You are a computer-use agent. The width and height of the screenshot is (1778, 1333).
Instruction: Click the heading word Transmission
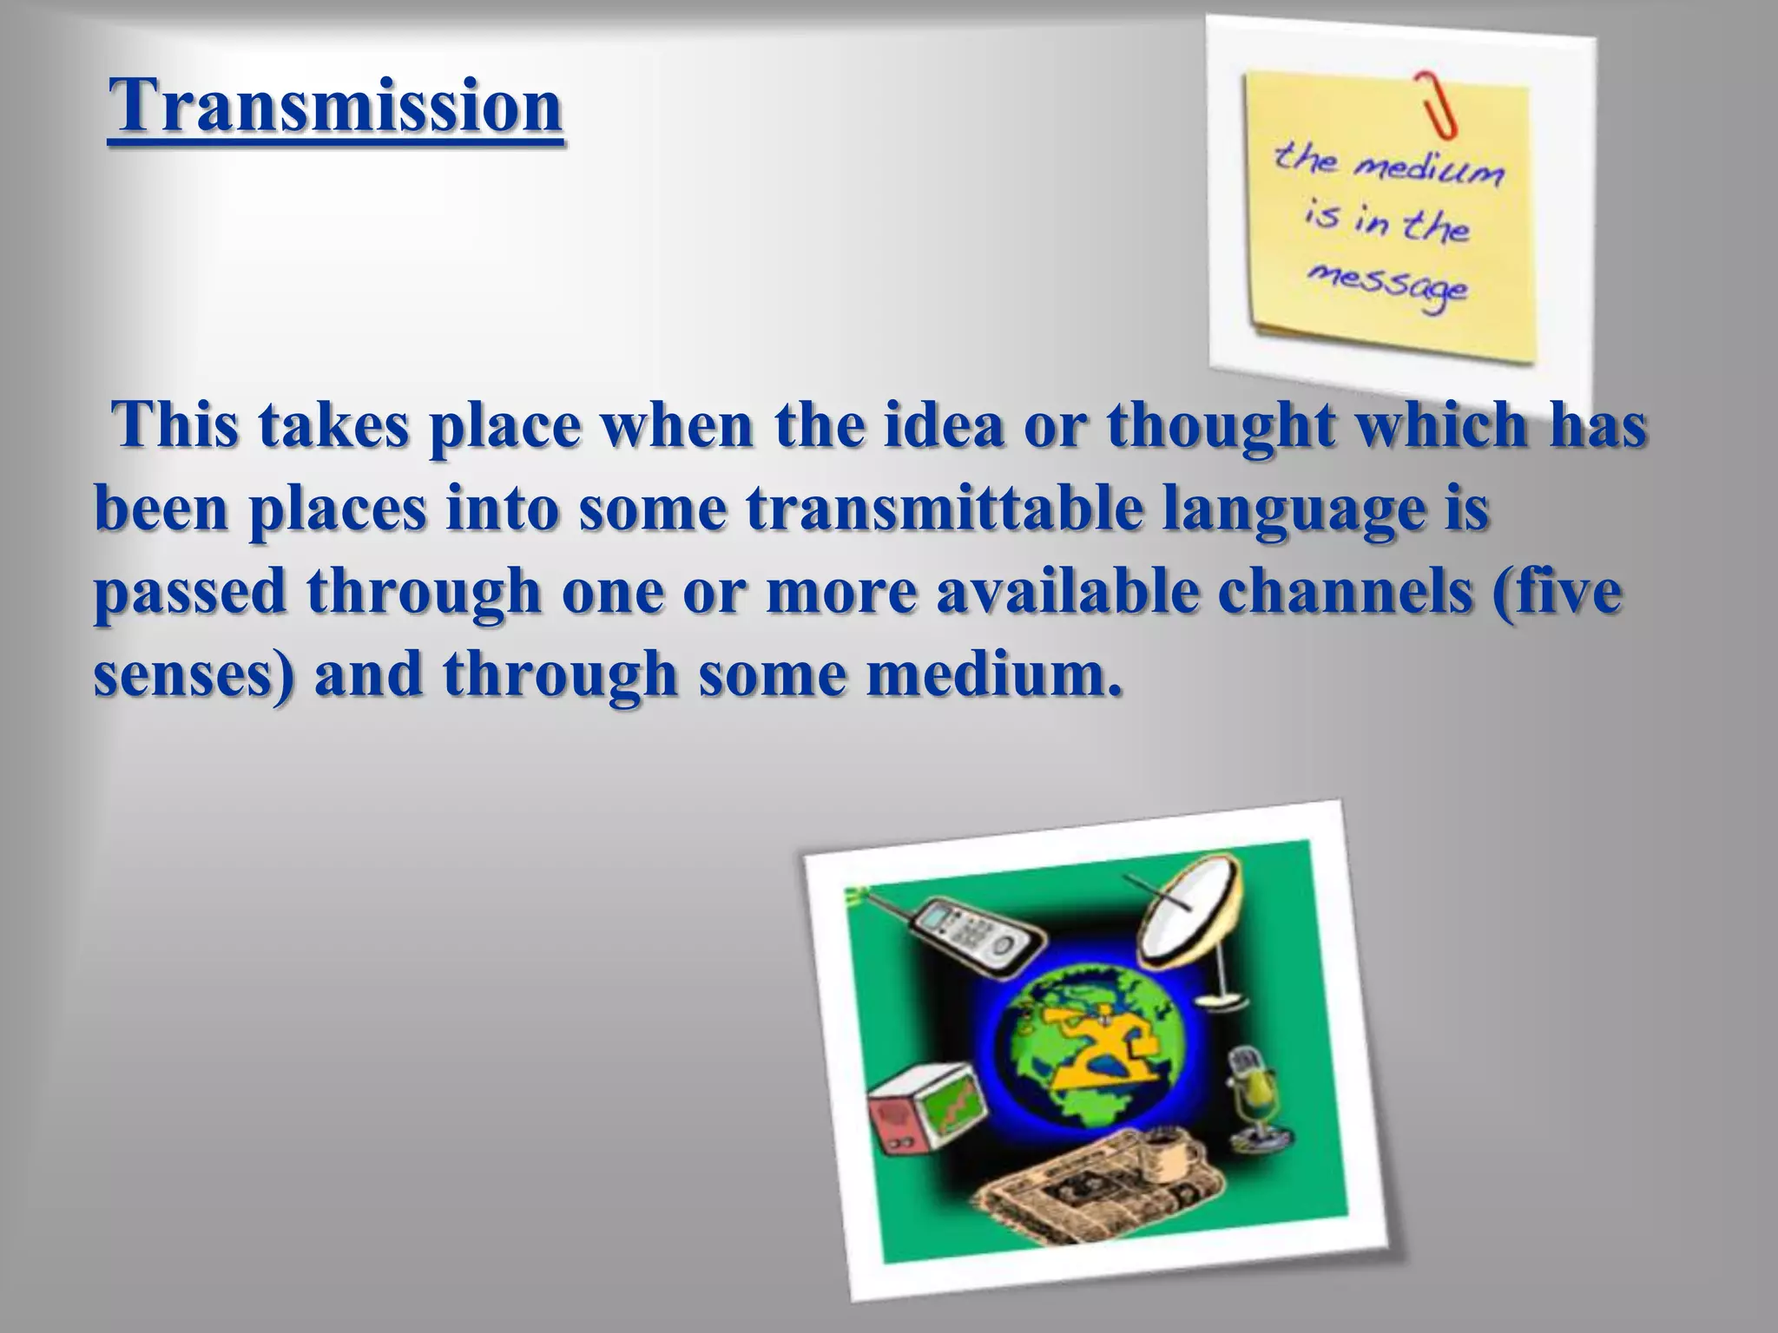pos(337,106)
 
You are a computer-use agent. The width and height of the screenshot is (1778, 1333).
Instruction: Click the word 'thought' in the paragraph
pos(1221,428)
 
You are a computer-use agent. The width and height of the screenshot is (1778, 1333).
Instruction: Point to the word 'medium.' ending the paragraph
pos(993,674)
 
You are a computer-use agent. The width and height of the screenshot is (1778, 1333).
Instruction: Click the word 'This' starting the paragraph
pos(177,426)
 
